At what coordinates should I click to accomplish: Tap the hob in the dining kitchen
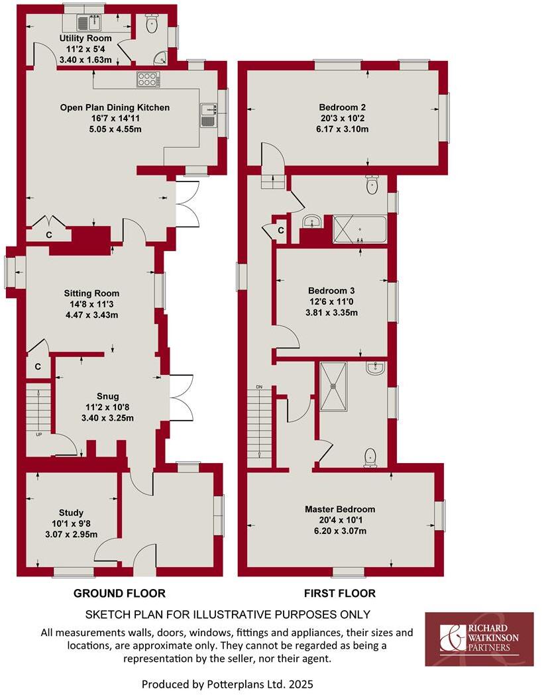[148, 80]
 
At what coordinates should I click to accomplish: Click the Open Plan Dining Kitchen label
[115, 107]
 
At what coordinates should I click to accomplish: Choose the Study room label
[71, 513]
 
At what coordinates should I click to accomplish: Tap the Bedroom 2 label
[343, 107]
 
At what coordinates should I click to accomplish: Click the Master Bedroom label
[340, 509]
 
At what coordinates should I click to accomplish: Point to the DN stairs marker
[259, 387]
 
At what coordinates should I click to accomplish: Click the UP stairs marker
[38, 434]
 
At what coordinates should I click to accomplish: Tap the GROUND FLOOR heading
[119, 593]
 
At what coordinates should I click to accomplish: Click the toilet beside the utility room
[152, 26]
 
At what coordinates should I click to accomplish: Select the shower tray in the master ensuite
[339, 385]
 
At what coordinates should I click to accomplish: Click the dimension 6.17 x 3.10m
[343, 129]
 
